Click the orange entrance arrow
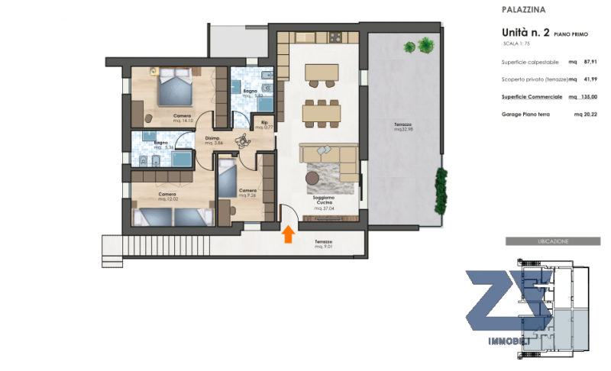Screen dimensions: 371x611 (288, 234)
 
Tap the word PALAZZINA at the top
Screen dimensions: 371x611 (524, 11)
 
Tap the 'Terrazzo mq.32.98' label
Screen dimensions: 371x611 (403, 127)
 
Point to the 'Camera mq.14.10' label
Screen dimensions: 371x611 (182, 118)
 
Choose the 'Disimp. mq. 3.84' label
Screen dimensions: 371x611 (213, 141)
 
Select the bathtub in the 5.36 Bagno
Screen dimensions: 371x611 (182, 160)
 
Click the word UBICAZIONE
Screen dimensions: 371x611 (548, 241)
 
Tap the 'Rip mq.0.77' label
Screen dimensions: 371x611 (263, 125)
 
